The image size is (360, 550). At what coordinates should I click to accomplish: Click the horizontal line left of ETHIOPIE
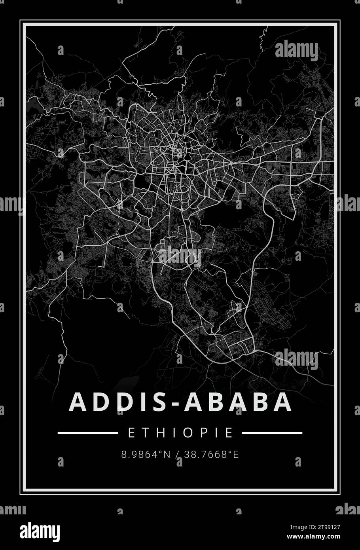click(x=87, y=433)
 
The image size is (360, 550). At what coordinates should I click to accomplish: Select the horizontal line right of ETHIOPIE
click(x=272, y=433)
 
